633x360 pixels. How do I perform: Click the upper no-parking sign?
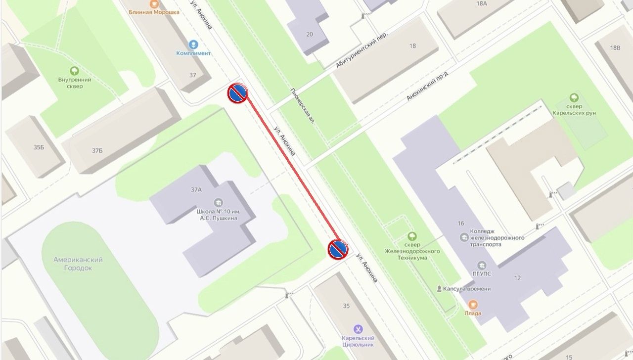pos(237,93)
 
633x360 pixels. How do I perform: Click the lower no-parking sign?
pos(338,250)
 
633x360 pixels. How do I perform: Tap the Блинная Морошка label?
pos(154,12)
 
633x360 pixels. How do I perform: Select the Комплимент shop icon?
pos(193,45)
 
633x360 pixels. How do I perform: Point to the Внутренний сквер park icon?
pos(75,71)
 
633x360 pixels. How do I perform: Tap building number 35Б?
pos(39,147)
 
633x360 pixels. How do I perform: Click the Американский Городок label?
pos(78,264)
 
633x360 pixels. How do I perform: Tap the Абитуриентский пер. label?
pos(361,49)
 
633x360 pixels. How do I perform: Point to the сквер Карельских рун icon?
pos(574,97)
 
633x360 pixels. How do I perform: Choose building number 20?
pos(310,34)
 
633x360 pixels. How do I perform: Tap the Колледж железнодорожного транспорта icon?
pos(464,237)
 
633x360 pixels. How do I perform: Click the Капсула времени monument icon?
pos(439,288)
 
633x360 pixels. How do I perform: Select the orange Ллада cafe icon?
pos(473,304)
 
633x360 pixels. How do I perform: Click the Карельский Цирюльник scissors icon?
pos(358,329)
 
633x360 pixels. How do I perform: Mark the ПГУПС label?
pos(481,275)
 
